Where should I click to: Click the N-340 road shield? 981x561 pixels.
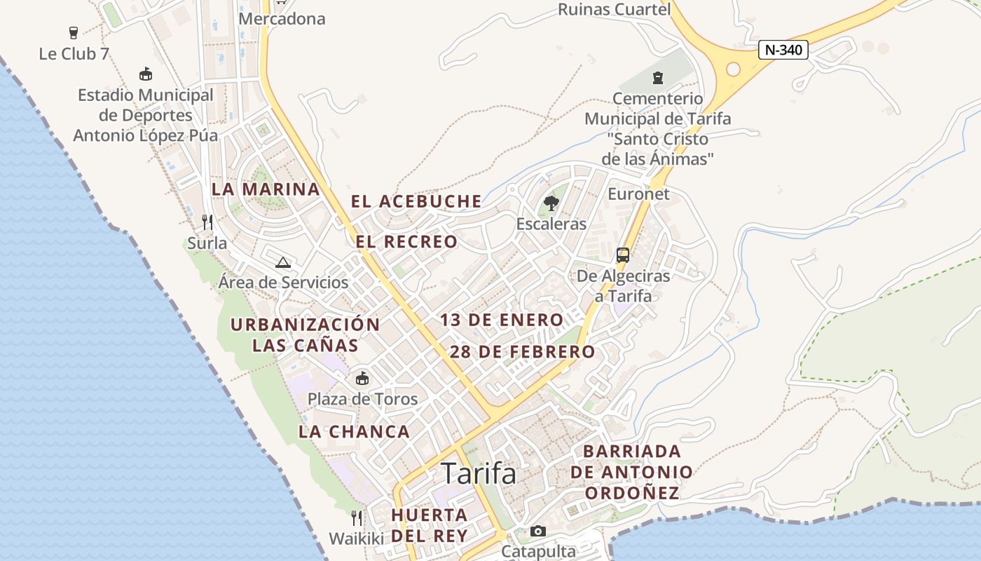point(784,50)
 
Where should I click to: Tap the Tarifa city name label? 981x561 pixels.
point(479,473)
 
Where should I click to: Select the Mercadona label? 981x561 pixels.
point(282,19)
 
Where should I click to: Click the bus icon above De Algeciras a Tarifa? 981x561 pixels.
point(623,255)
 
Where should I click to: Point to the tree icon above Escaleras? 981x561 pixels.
point(551,203)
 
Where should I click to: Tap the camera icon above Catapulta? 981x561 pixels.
point(537,531)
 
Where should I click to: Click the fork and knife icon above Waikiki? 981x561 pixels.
point(357,518)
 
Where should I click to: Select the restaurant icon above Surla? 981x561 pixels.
point(207,222)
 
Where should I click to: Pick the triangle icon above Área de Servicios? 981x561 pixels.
point(283,263)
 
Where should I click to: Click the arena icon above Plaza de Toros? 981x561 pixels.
point(362,379)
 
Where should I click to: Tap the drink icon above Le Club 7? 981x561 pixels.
point(74,32)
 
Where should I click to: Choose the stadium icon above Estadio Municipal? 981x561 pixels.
point(146,74)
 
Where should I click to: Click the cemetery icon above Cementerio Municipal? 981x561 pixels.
point(657,77)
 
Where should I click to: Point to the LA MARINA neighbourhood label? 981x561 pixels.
point(266,189)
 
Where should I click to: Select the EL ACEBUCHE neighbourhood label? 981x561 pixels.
point(416,202)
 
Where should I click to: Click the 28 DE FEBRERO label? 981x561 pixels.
point(522,352)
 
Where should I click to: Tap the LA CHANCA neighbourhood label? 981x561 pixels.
point(354,432)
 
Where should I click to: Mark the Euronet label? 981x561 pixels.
point(638,194)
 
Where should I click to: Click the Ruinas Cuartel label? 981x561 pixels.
point(614,9)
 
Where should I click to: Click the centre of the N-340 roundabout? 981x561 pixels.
point(734,69)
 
